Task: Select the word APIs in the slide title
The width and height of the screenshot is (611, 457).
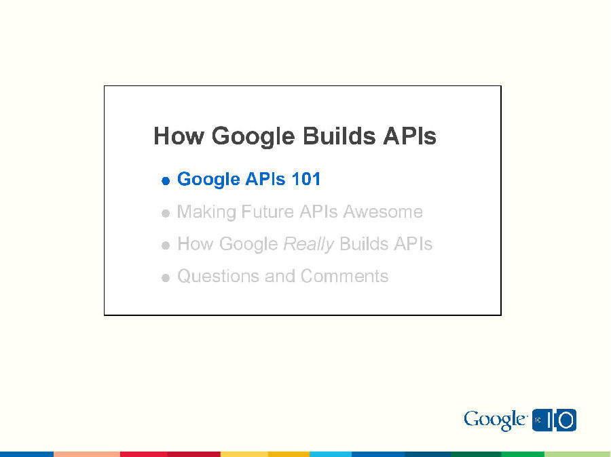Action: [409, 136]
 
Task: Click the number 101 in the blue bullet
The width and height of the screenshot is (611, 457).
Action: [305, 179]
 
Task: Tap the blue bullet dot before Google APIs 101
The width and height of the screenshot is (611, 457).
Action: [166, 181]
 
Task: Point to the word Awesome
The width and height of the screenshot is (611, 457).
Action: [383, 212]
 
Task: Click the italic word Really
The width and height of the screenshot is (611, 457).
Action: [308, 245]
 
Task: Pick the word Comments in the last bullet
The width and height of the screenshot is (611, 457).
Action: [344, 277]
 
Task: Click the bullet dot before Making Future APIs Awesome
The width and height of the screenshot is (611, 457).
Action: [166, 214]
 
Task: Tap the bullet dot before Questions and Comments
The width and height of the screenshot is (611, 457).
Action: [166, 278]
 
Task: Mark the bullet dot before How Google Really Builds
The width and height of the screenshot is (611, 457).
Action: [166, 246]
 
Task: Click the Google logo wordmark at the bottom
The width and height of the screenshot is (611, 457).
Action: [495, 420]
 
